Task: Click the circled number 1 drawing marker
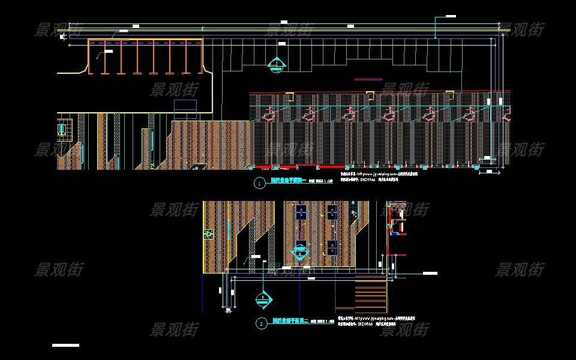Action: point(259,184)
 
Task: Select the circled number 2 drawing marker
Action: point(262,324)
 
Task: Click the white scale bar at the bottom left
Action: point(65,345)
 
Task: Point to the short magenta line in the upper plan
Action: point(368,79)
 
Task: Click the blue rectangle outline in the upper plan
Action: point(185,106)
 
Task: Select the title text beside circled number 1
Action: point(289,180)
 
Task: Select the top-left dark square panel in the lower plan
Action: point(301,211)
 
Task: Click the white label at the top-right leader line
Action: point(448,14)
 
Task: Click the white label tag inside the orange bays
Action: point(108,52)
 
